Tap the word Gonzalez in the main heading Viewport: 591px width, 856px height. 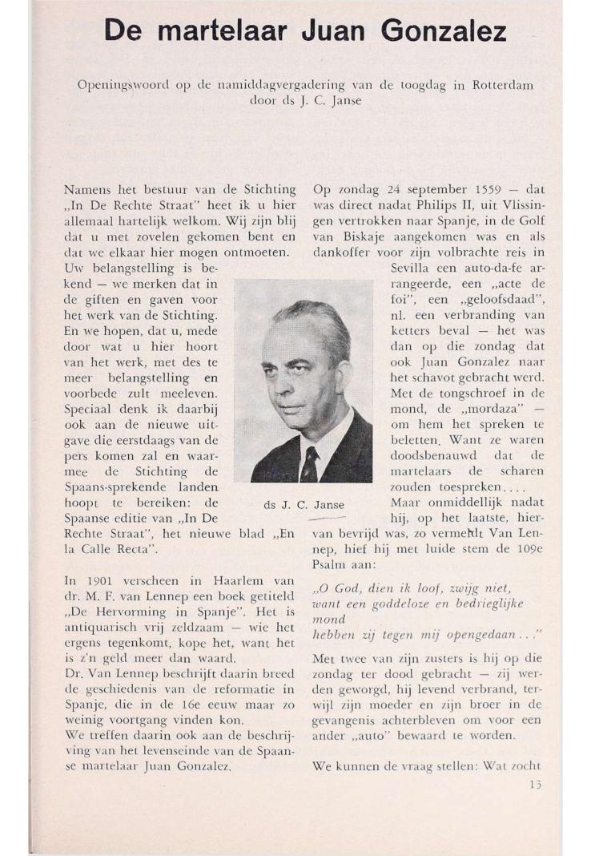[444, 31]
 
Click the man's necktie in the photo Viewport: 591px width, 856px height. [310, 462]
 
